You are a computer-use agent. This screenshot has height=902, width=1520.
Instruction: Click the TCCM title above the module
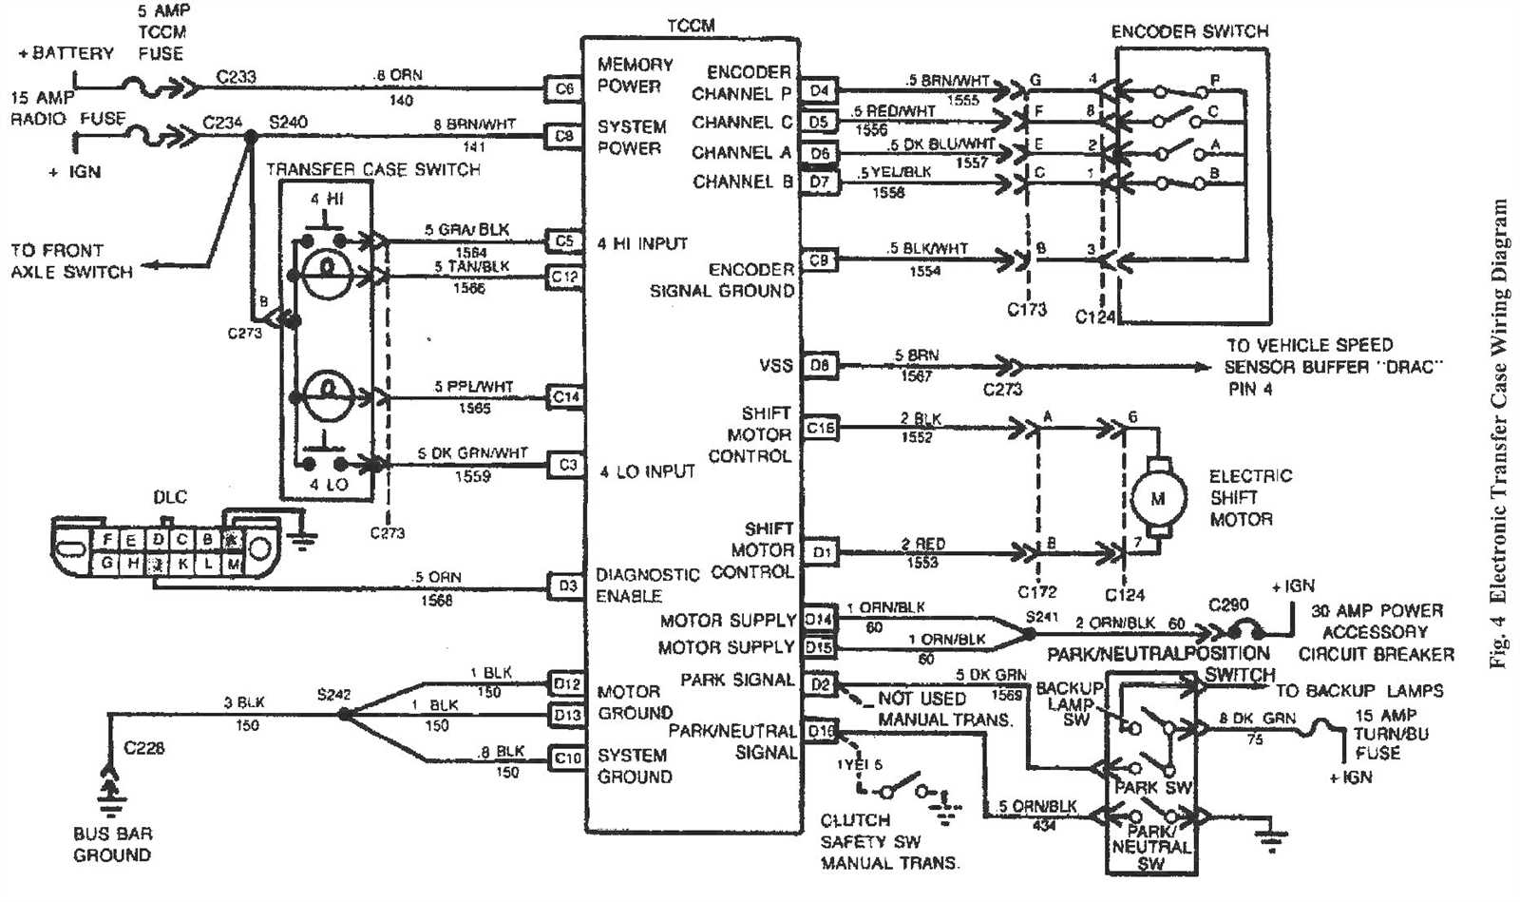(x=691, y=26)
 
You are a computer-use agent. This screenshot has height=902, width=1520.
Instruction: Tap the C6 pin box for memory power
(x=564, y=88)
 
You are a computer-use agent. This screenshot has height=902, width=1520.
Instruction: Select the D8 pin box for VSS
(x=820, y=365)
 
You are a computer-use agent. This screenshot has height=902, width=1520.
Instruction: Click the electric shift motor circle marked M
(x=1157, y=498)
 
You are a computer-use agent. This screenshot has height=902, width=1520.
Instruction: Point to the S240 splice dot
(x=251, y=137)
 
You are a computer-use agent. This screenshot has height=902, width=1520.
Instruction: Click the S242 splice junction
(x=344, y=713)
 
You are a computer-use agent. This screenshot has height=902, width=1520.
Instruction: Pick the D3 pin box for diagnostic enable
(x=567, y=585)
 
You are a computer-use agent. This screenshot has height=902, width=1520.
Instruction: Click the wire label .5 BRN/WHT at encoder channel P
(x=947, y=81)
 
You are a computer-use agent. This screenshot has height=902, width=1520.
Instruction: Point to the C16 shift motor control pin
(x=820, y=428)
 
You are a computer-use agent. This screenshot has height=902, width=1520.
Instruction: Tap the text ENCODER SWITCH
(x=1189, y=31)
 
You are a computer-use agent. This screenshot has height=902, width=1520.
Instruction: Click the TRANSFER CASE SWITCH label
(x=372, y=169)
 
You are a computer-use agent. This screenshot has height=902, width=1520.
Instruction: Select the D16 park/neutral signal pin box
(x=820, y=731)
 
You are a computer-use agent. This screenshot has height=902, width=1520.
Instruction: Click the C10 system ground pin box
(x=567, y=758)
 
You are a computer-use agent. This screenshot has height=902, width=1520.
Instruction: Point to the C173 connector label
(x=1026, y=309)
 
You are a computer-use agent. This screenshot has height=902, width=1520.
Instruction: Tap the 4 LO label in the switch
(x=329, y=484)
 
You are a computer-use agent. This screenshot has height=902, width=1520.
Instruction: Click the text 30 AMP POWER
(x=1377, y=610)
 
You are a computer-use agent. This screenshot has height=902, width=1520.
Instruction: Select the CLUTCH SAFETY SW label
(x=870, y=831)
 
